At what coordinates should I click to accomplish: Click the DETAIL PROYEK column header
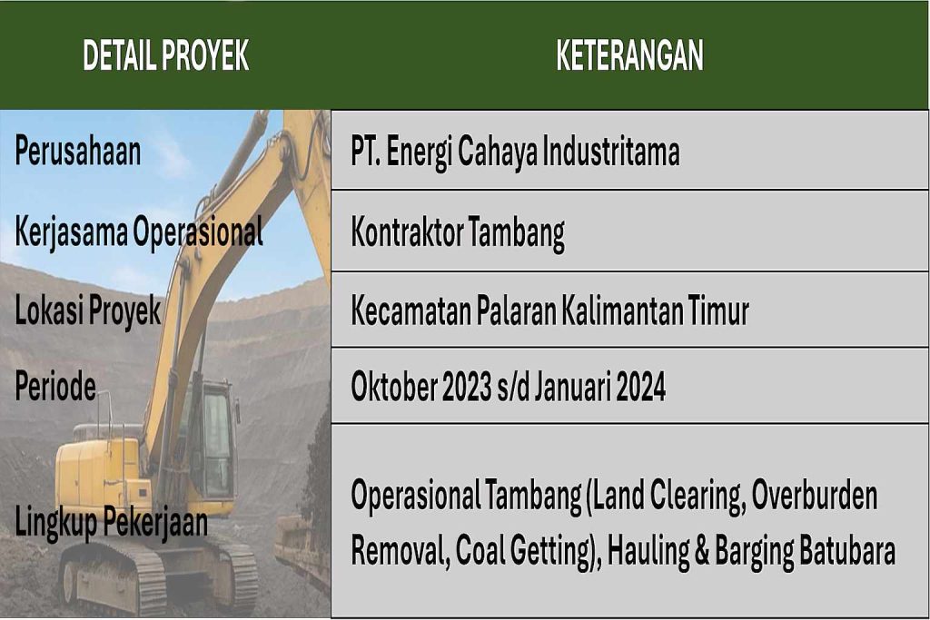(165, 55)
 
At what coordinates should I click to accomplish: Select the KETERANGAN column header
(629, 55)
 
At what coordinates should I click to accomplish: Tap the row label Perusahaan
(78, 152)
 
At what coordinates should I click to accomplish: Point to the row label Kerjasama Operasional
(139, 231)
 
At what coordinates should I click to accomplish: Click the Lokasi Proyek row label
(88, 310)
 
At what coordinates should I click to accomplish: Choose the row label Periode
(55, 386)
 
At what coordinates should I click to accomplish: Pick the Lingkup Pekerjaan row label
(112, 524)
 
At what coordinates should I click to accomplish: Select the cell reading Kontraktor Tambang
(458, 233)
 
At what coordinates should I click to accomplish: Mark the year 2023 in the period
(467, 387)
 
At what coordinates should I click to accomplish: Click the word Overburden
(815, 496)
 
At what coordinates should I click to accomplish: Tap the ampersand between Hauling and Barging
(702, 551)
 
